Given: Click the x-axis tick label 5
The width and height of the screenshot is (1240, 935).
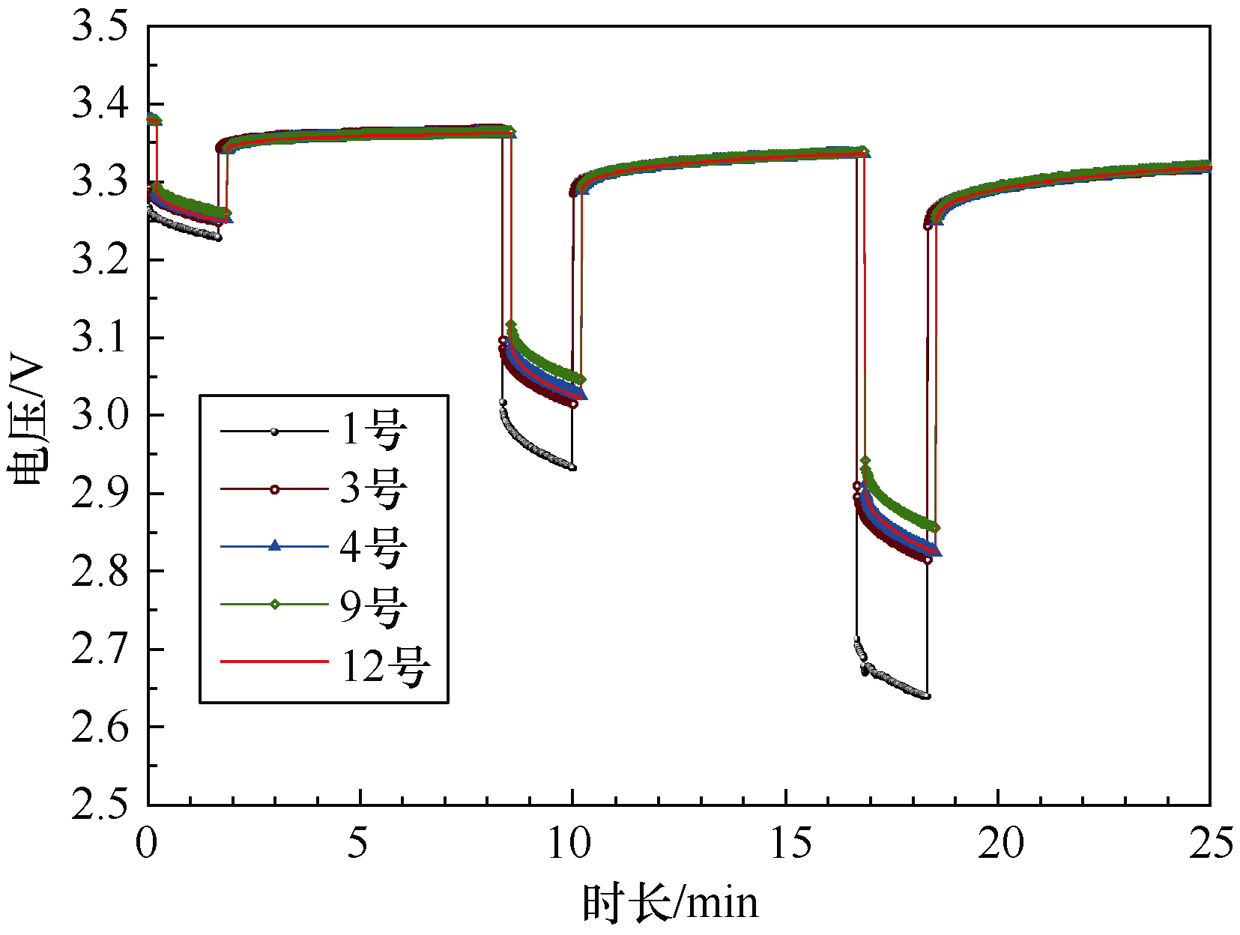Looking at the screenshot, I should pos(359,844).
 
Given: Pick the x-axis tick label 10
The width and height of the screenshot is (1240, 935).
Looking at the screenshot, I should pos(571,844).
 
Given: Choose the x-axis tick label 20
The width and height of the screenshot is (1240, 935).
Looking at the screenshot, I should pos(1000,844).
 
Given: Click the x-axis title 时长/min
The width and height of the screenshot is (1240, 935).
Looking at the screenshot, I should pos(670,903).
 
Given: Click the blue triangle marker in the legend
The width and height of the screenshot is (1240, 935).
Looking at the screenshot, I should pos(274,546).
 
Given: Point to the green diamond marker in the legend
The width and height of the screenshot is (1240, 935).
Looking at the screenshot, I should pos(274,604).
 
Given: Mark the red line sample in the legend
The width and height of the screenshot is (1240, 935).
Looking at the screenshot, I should pos(274,662).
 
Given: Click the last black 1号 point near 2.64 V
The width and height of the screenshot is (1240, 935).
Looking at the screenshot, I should pos(928,696).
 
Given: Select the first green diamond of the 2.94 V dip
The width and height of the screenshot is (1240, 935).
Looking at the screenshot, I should pos(865,461).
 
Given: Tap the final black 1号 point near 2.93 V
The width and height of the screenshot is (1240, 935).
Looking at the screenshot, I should pos(572,467).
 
